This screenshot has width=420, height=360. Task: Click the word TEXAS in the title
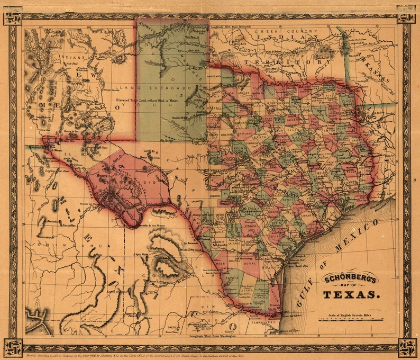(350, 294)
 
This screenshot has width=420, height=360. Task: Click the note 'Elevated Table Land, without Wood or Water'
(163, 101)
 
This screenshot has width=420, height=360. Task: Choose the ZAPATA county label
(231, 276)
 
